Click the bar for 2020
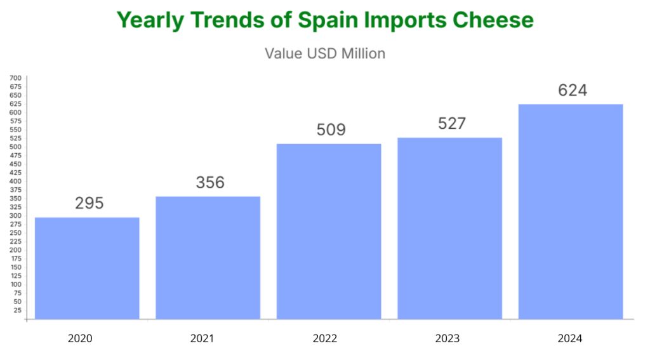(x=87, y=268)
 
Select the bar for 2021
(x=208, y=257)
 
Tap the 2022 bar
(x=329, y=231)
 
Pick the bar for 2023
(x=449, y=228)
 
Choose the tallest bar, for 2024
(x=571, y=211)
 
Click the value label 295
(x=89, y=203)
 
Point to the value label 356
(x=210, y=182)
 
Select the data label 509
(x=331, y=130)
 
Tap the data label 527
(x=452, y=123)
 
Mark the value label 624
(x=573, y=90)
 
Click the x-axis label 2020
(x=80, y=338)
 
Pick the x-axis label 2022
(x=324, y=338)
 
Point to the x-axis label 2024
(x=569, y=338)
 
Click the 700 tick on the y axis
(x=15, y=78)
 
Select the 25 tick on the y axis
(x=17, y=310)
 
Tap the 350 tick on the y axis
(x=15, y=199)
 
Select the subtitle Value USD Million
(x=325, y=53)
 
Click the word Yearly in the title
(x=150, y=20)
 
